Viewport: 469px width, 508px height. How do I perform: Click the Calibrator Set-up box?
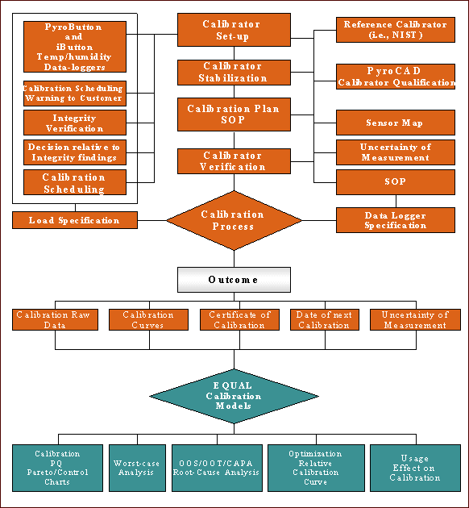click(x=234, y=30)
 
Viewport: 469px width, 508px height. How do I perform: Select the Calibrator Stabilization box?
click(x=234, y=73)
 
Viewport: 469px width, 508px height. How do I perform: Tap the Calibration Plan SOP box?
click(x=234, y=115)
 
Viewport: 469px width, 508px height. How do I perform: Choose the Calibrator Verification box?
click(x=234, y=161)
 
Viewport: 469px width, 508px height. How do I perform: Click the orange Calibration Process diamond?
click(x=234, y=220)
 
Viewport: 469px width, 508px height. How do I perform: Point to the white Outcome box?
click(x=234, y=280)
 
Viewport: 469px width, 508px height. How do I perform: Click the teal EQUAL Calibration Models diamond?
click(x=234, y=396)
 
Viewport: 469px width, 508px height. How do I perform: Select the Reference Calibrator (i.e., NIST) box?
click(x=396, y=30)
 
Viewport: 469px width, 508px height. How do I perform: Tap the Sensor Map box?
click(x=396, y=123)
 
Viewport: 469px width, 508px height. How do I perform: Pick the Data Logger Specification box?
click(x=396, y=220)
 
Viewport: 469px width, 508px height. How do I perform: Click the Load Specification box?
click(x=75, y=220)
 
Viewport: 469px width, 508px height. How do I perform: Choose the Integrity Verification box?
click(x=75, y=123)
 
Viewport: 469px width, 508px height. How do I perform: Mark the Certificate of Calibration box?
click(x=239, y=320)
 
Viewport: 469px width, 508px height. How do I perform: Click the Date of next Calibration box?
click(x=325, y=320)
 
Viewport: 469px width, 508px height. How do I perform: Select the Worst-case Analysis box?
click(x=137, y=468)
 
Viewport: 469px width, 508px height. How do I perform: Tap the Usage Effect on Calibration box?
click(x=415, y=468)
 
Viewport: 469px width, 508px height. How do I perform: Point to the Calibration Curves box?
click(x=148, y=320)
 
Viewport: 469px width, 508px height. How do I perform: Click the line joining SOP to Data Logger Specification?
click(x=396, y=202)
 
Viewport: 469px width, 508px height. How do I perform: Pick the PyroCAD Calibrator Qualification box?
click(x=396, y=77)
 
